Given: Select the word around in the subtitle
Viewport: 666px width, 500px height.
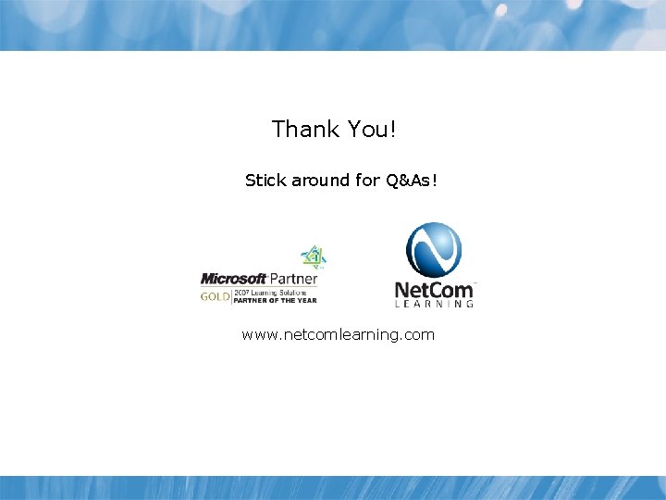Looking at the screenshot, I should [x=320, y=181].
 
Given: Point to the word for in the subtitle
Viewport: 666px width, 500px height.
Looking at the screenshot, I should [x=367, y=181].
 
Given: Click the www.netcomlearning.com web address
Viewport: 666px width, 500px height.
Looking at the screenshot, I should [x=338, y=334].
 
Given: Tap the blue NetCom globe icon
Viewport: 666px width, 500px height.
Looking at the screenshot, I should [x=434, y=251].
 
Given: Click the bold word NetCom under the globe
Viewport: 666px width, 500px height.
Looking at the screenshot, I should [x=433, y=290].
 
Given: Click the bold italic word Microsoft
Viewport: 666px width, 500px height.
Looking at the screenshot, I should [x=234, y=279].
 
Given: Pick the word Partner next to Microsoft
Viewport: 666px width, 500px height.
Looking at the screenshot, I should [x=293, y=279].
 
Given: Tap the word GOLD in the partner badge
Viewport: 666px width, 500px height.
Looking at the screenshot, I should [x=215, y=296].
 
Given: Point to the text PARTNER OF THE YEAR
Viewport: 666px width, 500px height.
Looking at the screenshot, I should [x=274, y=300].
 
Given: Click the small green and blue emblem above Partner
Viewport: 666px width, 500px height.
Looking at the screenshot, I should [x=314, y=256].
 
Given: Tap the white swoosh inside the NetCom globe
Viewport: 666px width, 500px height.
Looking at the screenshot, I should [x=434, y=250].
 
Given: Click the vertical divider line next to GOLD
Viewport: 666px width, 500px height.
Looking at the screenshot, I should [x=230, y=296].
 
